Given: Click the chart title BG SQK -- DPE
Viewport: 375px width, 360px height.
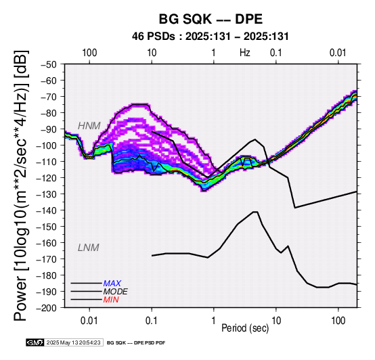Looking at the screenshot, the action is coord(211,19).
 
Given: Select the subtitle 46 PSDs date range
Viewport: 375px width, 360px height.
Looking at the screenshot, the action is coord(211,37).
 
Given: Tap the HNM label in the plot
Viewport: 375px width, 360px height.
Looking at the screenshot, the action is coord(89,126).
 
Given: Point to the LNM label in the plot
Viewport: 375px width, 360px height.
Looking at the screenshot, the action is coord(89,248).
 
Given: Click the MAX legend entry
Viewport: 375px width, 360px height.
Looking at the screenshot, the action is coord(112,284).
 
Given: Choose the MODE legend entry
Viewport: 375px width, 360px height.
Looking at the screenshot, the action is coord(115,292).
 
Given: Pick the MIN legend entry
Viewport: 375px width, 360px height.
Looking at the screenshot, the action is coord(111,300).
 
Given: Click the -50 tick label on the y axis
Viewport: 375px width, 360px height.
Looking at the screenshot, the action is coord(49,64).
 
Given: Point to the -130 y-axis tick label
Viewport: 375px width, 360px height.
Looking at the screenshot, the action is coord(47,194).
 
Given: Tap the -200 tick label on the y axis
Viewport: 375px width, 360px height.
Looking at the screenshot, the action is coord(47,308).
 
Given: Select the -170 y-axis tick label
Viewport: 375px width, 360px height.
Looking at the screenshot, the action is coord(47,259).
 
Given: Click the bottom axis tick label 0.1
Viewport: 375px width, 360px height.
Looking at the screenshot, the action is coord(152,321).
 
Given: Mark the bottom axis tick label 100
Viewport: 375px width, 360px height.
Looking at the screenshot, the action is coord(338,321).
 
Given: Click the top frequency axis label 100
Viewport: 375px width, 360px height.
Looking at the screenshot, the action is coord(89,53).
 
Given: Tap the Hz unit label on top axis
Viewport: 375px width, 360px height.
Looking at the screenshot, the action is coord(245,53).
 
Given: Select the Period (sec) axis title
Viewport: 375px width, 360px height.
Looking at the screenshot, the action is coord(245,328).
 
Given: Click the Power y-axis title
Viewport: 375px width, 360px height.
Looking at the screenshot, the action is coord(21,185).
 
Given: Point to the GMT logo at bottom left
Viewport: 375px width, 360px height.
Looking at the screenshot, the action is coord(35,342).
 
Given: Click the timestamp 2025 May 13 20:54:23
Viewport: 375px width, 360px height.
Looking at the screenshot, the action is coord(73,342).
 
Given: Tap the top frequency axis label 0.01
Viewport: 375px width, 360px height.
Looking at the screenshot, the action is coord(338,53).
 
